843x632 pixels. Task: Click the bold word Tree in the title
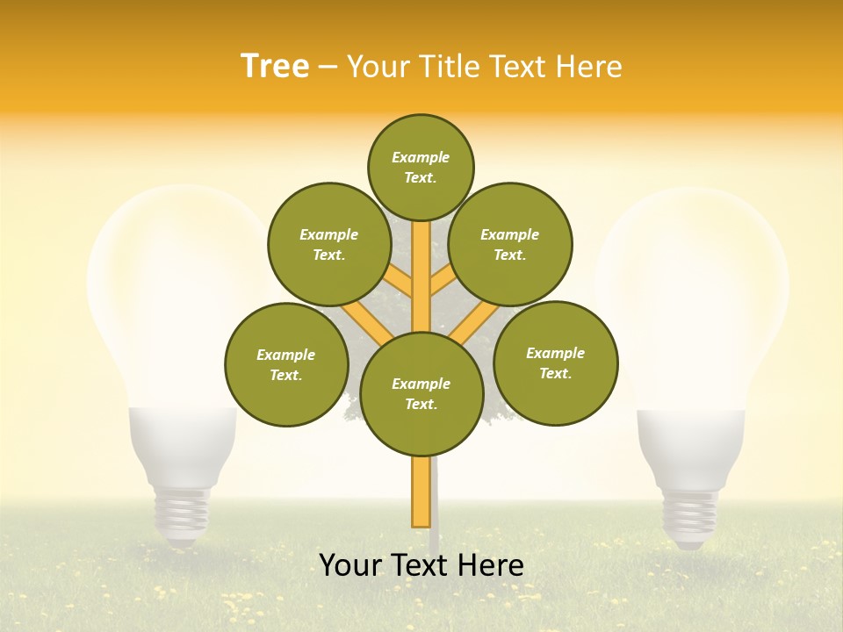275,66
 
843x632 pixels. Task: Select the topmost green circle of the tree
421,167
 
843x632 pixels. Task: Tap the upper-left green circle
329,244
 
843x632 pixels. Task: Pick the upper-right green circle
510,244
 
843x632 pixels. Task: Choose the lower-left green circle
286,364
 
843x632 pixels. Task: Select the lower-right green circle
556,363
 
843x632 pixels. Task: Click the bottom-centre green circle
421,393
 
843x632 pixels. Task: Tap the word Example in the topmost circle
421,157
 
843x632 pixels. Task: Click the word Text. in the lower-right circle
555,373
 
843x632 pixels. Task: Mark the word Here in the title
590,66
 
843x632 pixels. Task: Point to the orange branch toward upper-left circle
398,280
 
